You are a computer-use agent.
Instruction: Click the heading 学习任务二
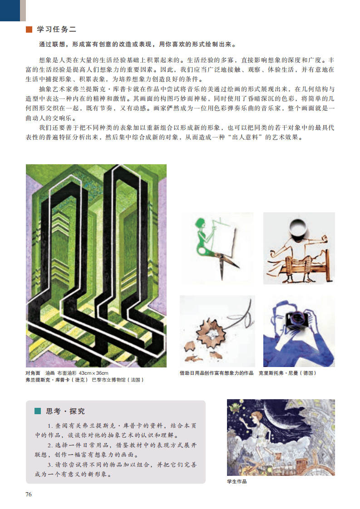[57, 29]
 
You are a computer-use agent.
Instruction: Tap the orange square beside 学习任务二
[29, 29]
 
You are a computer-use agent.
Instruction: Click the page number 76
[29, 494]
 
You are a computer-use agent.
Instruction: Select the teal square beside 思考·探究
[38, 411]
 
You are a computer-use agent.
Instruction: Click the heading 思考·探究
[65, 411]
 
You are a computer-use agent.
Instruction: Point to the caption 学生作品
[237, 481]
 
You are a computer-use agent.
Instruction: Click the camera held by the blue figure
[297, 320]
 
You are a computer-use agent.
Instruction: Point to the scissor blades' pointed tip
[222, 279]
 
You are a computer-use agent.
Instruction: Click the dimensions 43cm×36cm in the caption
[94, 373]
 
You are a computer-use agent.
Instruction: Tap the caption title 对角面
[33, 373]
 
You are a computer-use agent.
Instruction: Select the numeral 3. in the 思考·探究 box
[50, 465]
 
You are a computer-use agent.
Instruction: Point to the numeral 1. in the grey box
[50, 426]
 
